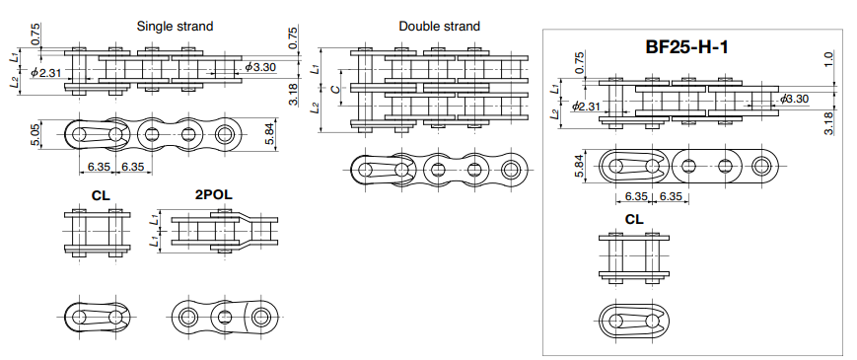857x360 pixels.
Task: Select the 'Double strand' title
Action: pos(439,27)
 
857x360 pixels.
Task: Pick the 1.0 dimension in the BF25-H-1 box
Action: pos(829,59)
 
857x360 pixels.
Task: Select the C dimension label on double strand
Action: pos(335,90)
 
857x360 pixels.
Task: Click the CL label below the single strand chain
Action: pos(101,194)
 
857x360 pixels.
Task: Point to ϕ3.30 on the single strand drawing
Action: pos(259,67)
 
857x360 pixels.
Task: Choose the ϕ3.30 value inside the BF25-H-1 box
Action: pos(794,99)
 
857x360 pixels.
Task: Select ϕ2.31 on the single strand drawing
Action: pos(47,72)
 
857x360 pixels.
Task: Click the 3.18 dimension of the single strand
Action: pos(293,93)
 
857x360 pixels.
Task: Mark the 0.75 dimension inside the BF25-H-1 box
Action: pos(579,61)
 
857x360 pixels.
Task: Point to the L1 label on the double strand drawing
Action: pos(315,68)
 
